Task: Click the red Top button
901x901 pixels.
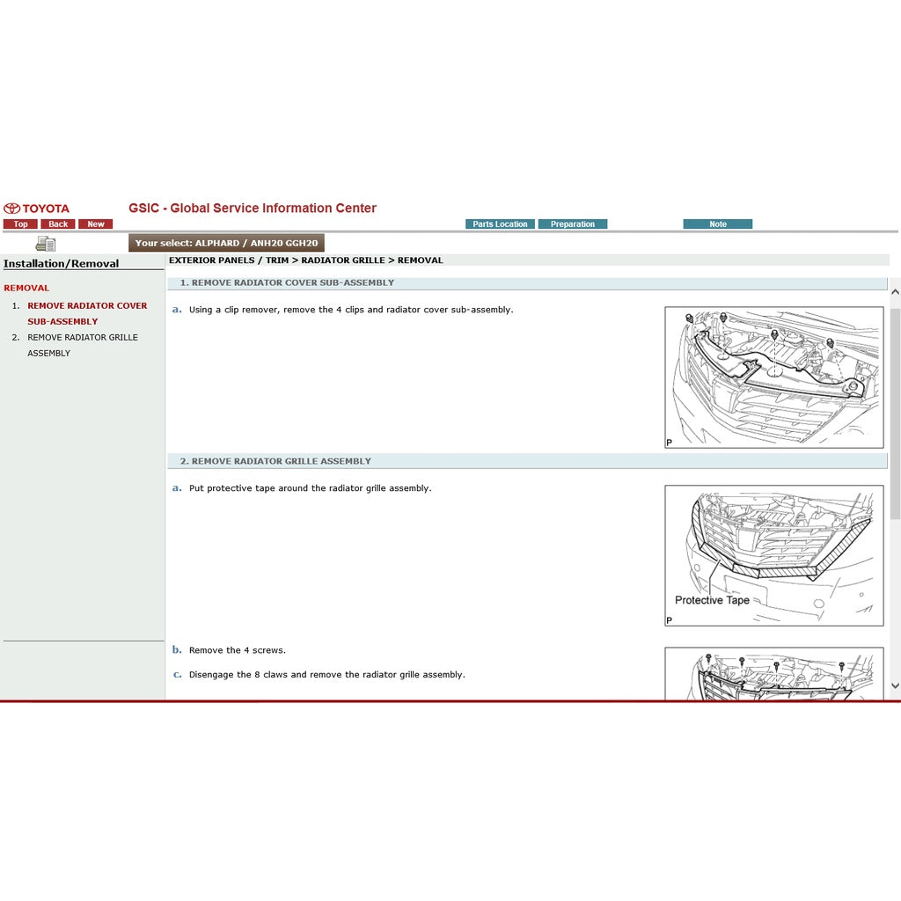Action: [20, 224]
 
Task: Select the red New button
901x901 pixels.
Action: [95, 224]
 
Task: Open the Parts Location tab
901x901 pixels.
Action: [500, 224]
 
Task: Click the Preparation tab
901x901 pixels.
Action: [573, 224]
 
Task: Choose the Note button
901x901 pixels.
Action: [718, 224]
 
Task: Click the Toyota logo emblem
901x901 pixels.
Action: [11, 209]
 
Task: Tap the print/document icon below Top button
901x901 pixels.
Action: [45, 244]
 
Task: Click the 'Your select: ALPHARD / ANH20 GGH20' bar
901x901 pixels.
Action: [226, 243]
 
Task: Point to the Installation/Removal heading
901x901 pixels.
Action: [61, 264]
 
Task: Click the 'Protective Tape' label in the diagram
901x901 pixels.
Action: [712, 600]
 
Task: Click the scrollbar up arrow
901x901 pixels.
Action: [895, 292]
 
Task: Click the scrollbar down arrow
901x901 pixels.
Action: [895, 685]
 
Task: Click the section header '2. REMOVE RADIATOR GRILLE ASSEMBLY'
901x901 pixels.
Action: [275, 461]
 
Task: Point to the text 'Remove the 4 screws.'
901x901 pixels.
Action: [237, 650]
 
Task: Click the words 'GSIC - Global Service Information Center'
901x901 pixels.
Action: [253, 209]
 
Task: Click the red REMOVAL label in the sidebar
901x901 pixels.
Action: [26, 288]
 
